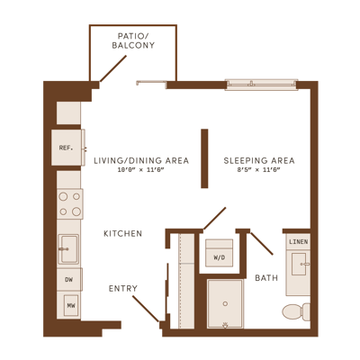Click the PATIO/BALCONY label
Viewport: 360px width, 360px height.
coord(133,40)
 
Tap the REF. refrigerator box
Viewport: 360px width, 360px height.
coord(67,148)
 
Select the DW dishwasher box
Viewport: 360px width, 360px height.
coord(69,280)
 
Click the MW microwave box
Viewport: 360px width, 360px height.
coord(71,306)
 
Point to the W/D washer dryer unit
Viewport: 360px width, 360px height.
coord(220,253)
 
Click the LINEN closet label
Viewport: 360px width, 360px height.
coord(299,241)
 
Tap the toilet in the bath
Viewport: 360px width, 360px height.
coord(296,311)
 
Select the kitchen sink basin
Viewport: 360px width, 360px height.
coord(68,249)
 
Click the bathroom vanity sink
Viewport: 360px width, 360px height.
coord(299,264)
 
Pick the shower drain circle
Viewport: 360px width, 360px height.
coord(225,304)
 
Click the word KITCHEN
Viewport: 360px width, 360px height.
coord(123,234)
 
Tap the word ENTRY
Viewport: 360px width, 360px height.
coord(123,289)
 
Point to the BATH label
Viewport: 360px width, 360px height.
coord(266,278)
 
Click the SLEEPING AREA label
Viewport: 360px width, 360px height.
coord(259,160)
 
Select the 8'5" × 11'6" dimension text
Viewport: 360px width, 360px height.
coord(259,170)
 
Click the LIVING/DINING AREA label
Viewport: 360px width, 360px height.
coord(141,160)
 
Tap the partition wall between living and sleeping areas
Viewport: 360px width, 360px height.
coord(204,158)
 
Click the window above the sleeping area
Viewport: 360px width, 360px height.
coord(261,85)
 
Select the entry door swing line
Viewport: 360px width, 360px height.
coord(146,309)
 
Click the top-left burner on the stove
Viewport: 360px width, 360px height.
coord(63,197)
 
